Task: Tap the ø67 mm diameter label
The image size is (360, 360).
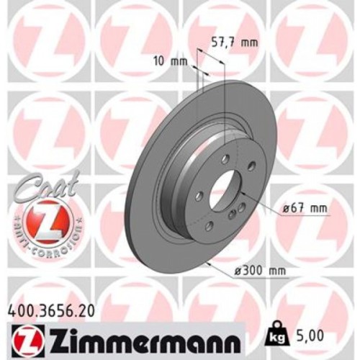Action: [x=304, y=208]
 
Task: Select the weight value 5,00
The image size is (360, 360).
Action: [x=312, y=335]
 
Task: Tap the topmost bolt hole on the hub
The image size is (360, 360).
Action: [x=225, y=158]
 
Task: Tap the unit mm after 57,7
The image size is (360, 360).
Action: [x=248, y=42]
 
